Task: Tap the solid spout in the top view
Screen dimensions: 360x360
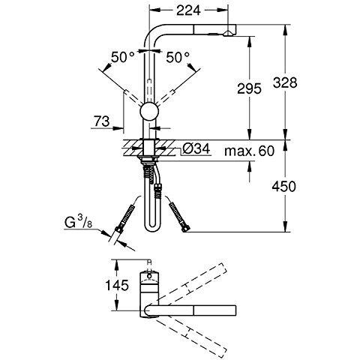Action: (210, 310)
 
